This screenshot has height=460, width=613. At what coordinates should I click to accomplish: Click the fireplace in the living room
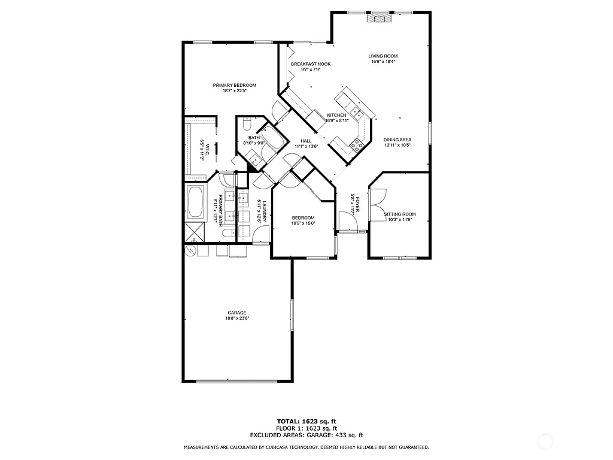pos(380,18)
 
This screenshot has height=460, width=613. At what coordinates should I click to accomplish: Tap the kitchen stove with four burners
pos(359,143)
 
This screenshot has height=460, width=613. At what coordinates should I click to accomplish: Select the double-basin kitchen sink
pos(356,111)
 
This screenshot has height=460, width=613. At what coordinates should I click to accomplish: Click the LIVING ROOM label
pos(383,56)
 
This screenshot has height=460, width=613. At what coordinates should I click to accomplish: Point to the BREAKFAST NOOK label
pos(311,64)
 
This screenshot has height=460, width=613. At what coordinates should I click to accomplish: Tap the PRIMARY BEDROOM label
pos(235,85)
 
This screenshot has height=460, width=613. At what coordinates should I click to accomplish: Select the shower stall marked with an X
pos(194,231)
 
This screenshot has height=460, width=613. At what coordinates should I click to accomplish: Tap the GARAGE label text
pos(237,313)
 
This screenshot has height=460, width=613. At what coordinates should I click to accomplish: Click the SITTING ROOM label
pos(400,214)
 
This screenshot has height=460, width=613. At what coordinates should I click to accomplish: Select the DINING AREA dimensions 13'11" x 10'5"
pos(397,145)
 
